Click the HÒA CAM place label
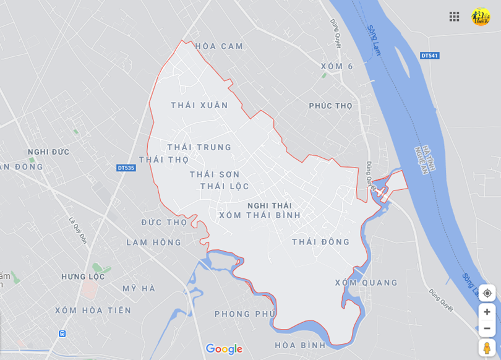click(x=219, y=46)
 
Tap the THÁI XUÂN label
click(x=199, y=105)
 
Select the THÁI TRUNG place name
click(x=199, y=147)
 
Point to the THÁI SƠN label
click(x=215, y=174)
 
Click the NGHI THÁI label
click(x=269, y=205)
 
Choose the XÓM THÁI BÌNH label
click(x=260, y=215)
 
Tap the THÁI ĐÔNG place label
click(x=320, y=242)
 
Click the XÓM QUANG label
click(x=366, y=283)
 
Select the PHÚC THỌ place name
click(x=330, y=106)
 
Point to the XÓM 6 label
click(x=336, y=66)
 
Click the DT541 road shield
click(x=429, y=56)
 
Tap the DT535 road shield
click(x=126, y=168)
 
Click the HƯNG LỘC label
click(x=83, y=276)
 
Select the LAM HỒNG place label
click(x=154, y=242)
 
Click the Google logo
click(x=224, y=349)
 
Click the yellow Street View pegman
click(x=487, y=347)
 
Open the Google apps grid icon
click(x=454, y=17)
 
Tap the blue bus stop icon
click(x=62, y=333)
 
